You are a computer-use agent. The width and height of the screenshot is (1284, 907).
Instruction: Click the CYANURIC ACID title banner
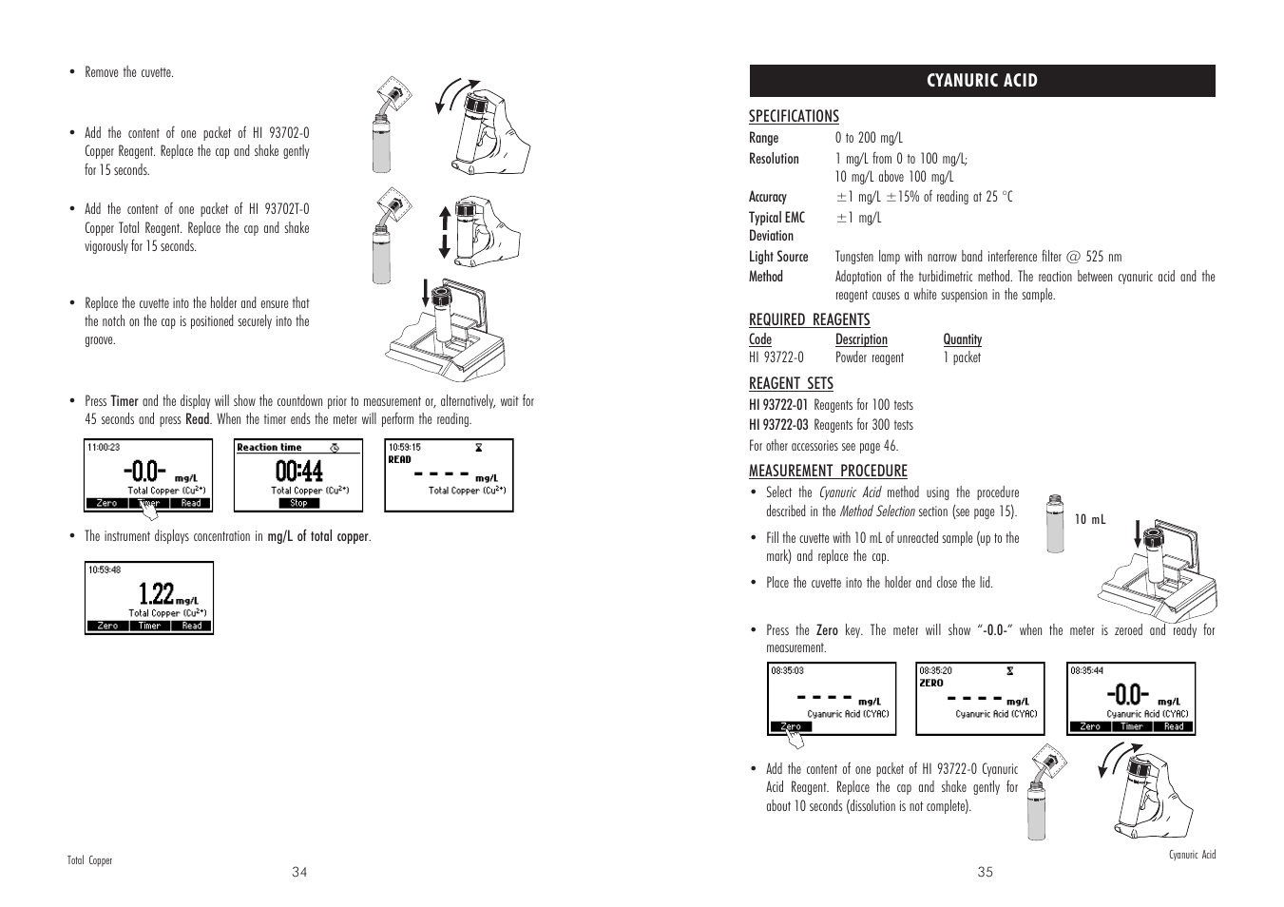point(982,81)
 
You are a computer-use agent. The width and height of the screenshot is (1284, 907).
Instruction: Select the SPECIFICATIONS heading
point(794,116)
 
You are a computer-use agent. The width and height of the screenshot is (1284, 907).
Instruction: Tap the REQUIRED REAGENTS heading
point(809,319)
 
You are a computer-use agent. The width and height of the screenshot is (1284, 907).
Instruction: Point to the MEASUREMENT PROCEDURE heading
point(828,471)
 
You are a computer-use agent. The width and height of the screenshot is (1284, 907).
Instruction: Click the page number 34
point(300,872)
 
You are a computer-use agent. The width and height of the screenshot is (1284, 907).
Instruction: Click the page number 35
point(985,872)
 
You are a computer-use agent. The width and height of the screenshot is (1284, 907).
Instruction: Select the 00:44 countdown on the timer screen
point(298,471)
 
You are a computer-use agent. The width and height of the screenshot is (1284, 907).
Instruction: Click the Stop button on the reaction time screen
point(298,503)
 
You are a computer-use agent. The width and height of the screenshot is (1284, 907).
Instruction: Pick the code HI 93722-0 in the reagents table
point(776,357)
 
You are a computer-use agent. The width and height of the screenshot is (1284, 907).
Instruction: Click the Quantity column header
point(962,339)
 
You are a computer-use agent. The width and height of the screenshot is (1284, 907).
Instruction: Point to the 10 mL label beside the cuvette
point(1090,520)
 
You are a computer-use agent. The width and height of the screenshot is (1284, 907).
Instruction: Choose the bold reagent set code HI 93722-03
point(778,425)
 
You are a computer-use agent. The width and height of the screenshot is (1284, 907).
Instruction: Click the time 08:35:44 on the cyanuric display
point(1087,670)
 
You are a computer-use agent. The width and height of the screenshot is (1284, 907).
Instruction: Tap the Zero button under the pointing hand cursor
point(791,726)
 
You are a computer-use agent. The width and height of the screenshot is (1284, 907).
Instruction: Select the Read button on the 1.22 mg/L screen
point(192,626)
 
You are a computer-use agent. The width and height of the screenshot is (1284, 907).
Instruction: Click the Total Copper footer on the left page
point(89,860)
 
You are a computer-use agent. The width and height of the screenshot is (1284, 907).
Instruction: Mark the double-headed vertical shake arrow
point(443,232)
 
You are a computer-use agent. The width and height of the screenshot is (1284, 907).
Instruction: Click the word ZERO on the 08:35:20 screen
point(931,683)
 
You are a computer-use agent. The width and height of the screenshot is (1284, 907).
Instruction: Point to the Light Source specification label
point(778,257)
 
